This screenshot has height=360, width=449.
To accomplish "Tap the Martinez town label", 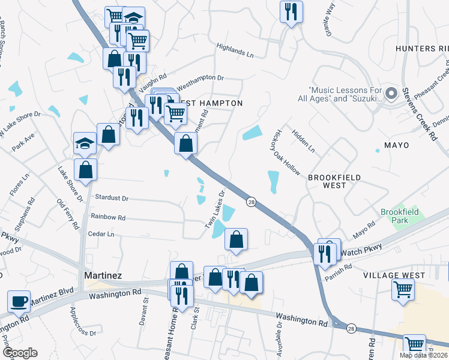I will [x=103, y=275].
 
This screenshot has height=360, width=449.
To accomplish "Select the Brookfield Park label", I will [x=402, y=216].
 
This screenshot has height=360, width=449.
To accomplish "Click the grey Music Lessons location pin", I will [x=391, y=93].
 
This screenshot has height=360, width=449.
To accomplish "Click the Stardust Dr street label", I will [x=112, y=197].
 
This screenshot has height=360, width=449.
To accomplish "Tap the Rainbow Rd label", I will [x=108, y=217].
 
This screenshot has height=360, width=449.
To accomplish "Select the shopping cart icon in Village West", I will [x=403, y=289].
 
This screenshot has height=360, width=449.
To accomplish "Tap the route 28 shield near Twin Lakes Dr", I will [x=251, y=203].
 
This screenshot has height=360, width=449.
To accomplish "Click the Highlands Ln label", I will [x=235, y=50].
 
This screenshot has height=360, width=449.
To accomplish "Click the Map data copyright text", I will [x=424, y=355].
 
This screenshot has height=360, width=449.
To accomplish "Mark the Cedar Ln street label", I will [x=101, y=234].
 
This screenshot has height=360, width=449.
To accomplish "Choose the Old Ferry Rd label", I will [x=67, y=214].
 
